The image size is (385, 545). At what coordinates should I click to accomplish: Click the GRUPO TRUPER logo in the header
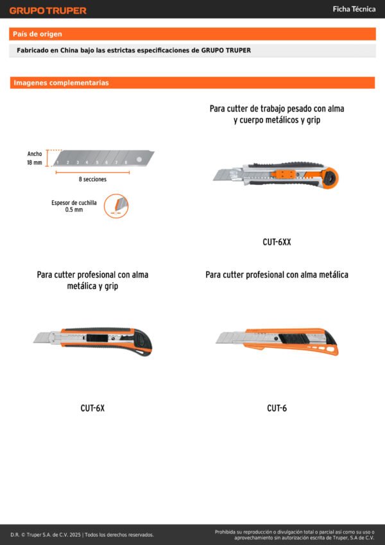[x=47, y=10]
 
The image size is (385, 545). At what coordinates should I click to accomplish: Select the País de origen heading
[x=37, y=34]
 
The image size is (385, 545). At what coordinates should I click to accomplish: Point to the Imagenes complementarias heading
[x=61, y=83]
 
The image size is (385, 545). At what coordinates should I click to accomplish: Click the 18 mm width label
[x=34, y=163]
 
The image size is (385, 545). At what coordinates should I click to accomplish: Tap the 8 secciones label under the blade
[x=92, y=179]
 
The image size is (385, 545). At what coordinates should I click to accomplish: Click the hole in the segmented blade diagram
[x=139, y=159]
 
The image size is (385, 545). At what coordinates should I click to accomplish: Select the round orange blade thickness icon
[x=117, y=206]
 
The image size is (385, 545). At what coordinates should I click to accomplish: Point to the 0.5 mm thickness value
[x=74, y=210]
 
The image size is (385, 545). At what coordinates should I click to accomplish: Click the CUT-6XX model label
[x=277, y=242]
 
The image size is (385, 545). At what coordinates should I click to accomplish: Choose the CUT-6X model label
[x=92, y=408]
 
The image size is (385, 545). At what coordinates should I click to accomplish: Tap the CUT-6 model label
[x=277, y=408]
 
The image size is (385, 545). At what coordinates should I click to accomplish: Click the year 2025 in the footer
[x=74, y=535]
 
